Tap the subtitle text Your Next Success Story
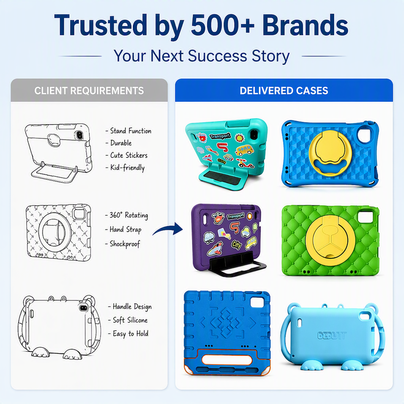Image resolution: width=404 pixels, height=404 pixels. pos(202,56)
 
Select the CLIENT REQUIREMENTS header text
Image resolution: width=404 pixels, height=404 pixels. pos(89,91)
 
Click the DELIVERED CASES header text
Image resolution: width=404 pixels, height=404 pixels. pos(284,91)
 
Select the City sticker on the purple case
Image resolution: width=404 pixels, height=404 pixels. pos(237,245)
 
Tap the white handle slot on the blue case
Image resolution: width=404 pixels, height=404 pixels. pos(227,360)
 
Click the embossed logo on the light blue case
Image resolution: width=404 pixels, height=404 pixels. pos(332,335)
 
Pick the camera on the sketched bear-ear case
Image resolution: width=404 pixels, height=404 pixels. pos(83,308)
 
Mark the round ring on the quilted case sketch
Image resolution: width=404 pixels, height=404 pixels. pos(40,232)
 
